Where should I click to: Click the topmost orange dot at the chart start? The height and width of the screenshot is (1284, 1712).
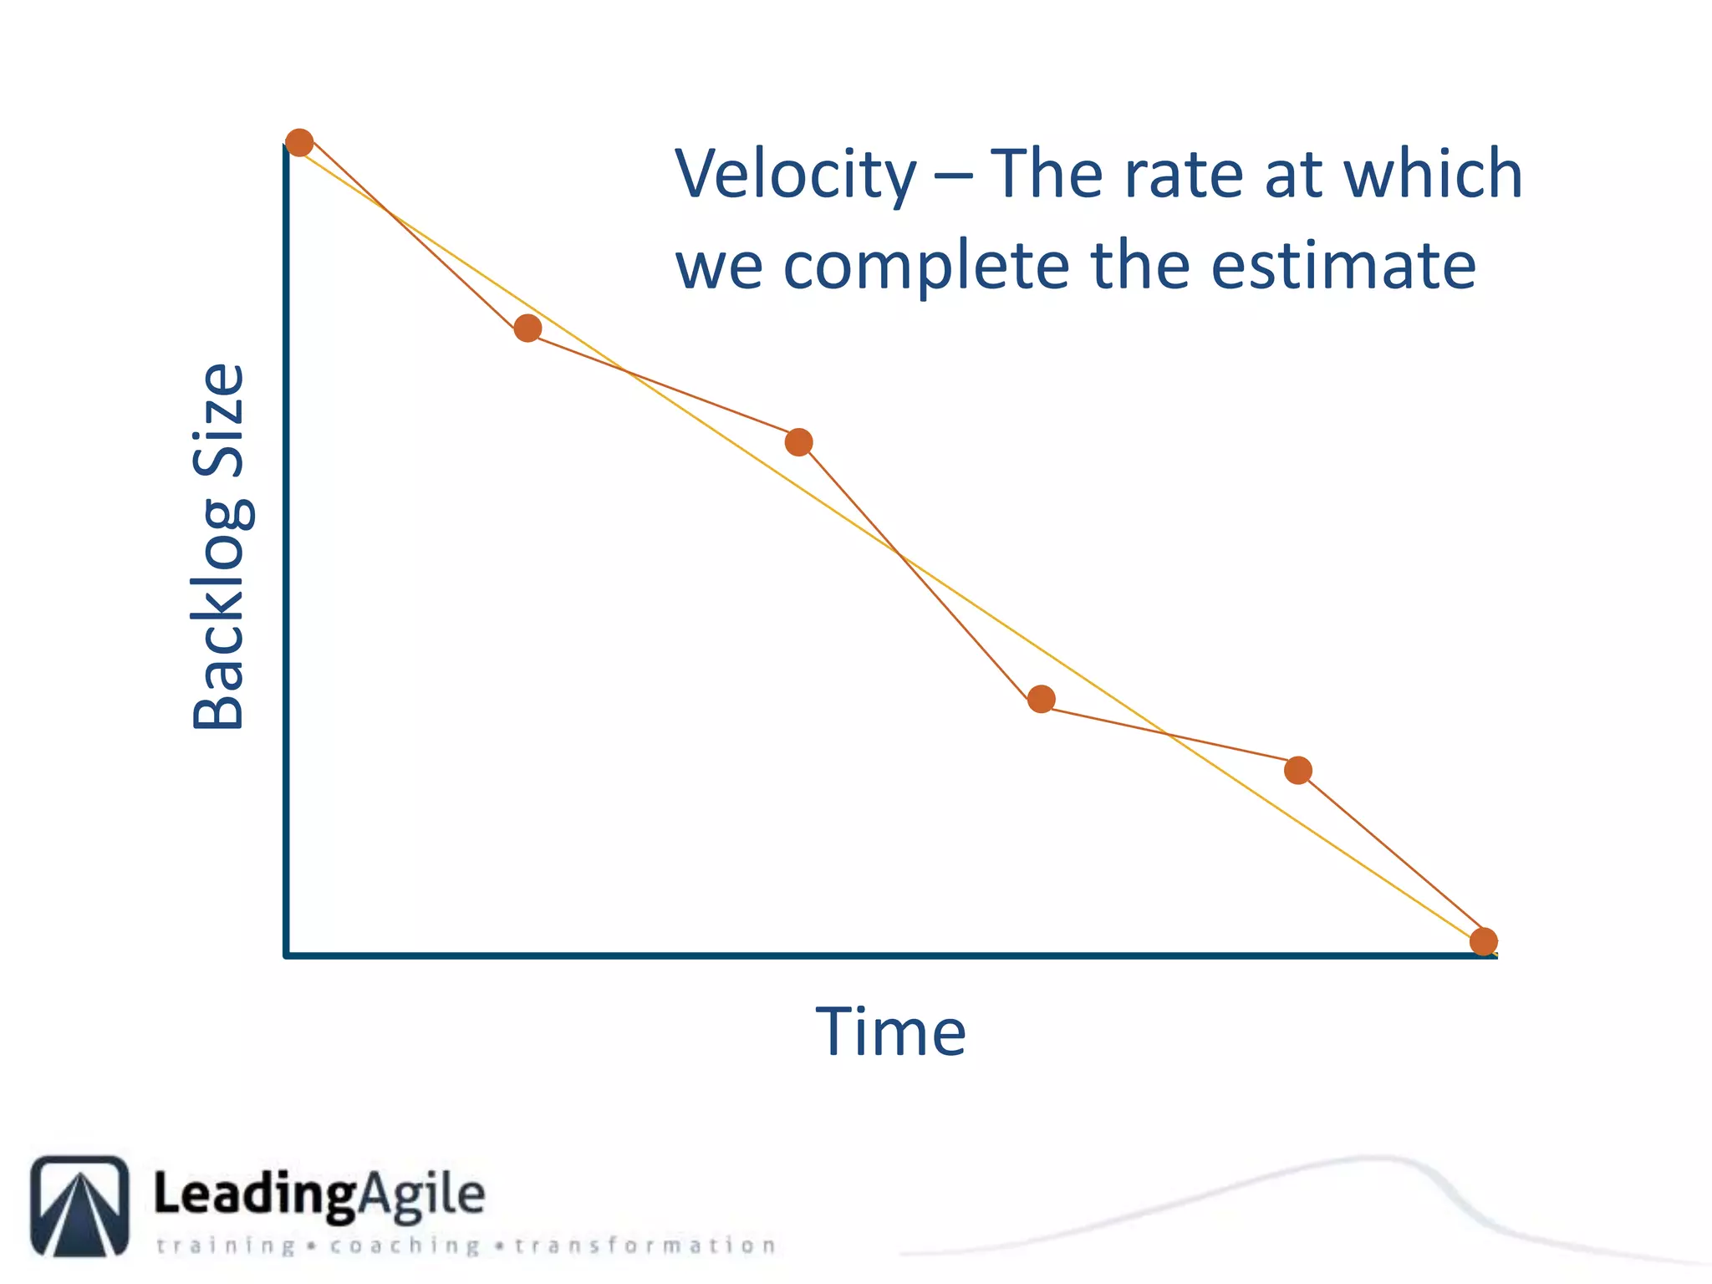click(x=299, y=143)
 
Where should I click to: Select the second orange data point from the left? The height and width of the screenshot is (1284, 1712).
click(x=527, y=329)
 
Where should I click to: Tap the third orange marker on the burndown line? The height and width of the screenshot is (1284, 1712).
click(x=799, y=442)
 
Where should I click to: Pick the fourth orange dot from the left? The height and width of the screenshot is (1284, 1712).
click(x=1041, y=699)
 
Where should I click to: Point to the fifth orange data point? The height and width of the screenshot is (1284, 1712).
click(x=1297, y=770)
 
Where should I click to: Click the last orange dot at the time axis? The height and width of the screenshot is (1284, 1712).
click(x=1483, y=942)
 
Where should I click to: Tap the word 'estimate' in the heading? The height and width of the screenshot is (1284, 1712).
click(x=1343, y=266)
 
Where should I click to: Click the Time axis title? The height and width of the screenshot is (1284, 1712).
click(x=891, y=1032)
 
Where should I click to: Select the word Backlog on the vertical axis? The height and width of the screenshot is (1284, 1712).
click(x=219, y=615)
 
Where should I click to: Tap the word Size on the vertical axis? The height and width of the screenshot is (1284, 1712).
click(x=219, y=420)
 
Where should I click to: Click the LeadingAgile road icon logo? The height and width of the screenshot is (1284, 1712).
click(x=80, y=1205)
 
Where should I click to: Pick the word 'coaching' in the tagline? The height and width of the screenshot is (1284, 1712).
click(x=405, y=1246)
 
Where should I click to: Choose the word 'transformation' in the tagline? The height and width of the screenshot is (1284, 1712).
click(x=645, y=1246)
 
